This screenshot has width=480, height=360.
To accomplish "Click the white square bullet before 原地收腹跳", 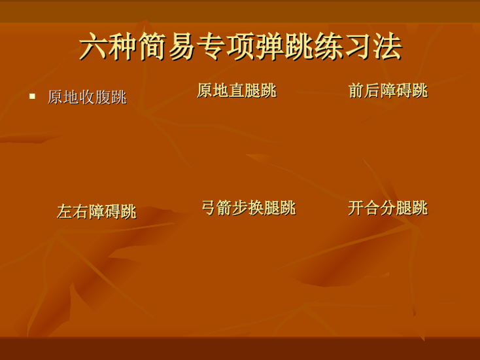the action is pyautogui.click(x=32, y=96).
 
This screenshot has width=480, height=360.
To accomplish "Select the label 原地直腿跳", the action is pyautogui.click(x=237, y=91).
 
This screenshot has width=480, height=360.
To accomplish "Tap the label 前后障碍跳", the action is pyautogui.click(x=388, y=91).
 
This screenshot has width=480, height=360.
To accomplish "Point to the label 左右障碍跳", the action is pyautogui.click(x=97, y=211).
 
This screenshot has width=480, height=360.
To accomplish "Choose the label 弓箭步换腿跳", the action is pyautogui.click(x=249, y=208).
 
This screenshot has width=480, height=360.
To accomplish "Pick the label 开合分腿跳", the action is pyautogui.click(x=388, y=208).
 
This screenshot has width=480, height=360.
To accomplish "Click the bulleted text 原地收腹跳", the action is pyautogui.click(x=87, y=97).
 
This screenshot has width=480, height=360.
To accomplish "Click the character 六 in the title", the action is pyautogui.click(x=94, y=46).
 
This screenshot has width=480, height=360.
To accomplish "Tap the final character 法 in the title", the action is pyautogui.click(x=387, y=46).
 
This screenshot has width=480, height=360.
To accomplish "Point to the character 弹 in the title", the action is pyautogui.click(x=269, y=46).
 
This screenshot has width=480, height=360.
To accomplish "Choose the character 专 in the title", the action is pyautogui.click(x=211, y=46).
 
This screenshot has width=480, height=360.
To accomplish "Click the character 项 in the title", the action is pyautogui.click(x=240, y=46).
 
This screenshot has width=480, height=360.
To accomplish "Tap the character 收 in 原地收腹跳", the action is pyautogui.click(x=87, y=97).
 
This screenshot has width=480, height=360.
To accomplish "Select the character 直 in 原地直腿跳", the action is pyautogui.click(x=237, y=91).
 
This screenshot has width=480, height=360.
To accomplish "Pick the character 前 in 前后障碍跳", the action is pyautogui.click(x=356, y=91).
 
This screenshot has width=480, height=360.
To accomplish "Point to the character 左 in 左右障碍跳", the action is pyautogui.click(x=65, y=211).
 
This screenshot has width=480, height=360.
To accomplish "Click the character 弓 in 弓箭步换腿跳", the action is pyautogui.click(x=209, y=208).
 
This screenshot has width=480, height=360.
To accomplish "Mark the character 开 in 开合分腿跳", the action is pyautogui.click(x=356, y=208).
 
